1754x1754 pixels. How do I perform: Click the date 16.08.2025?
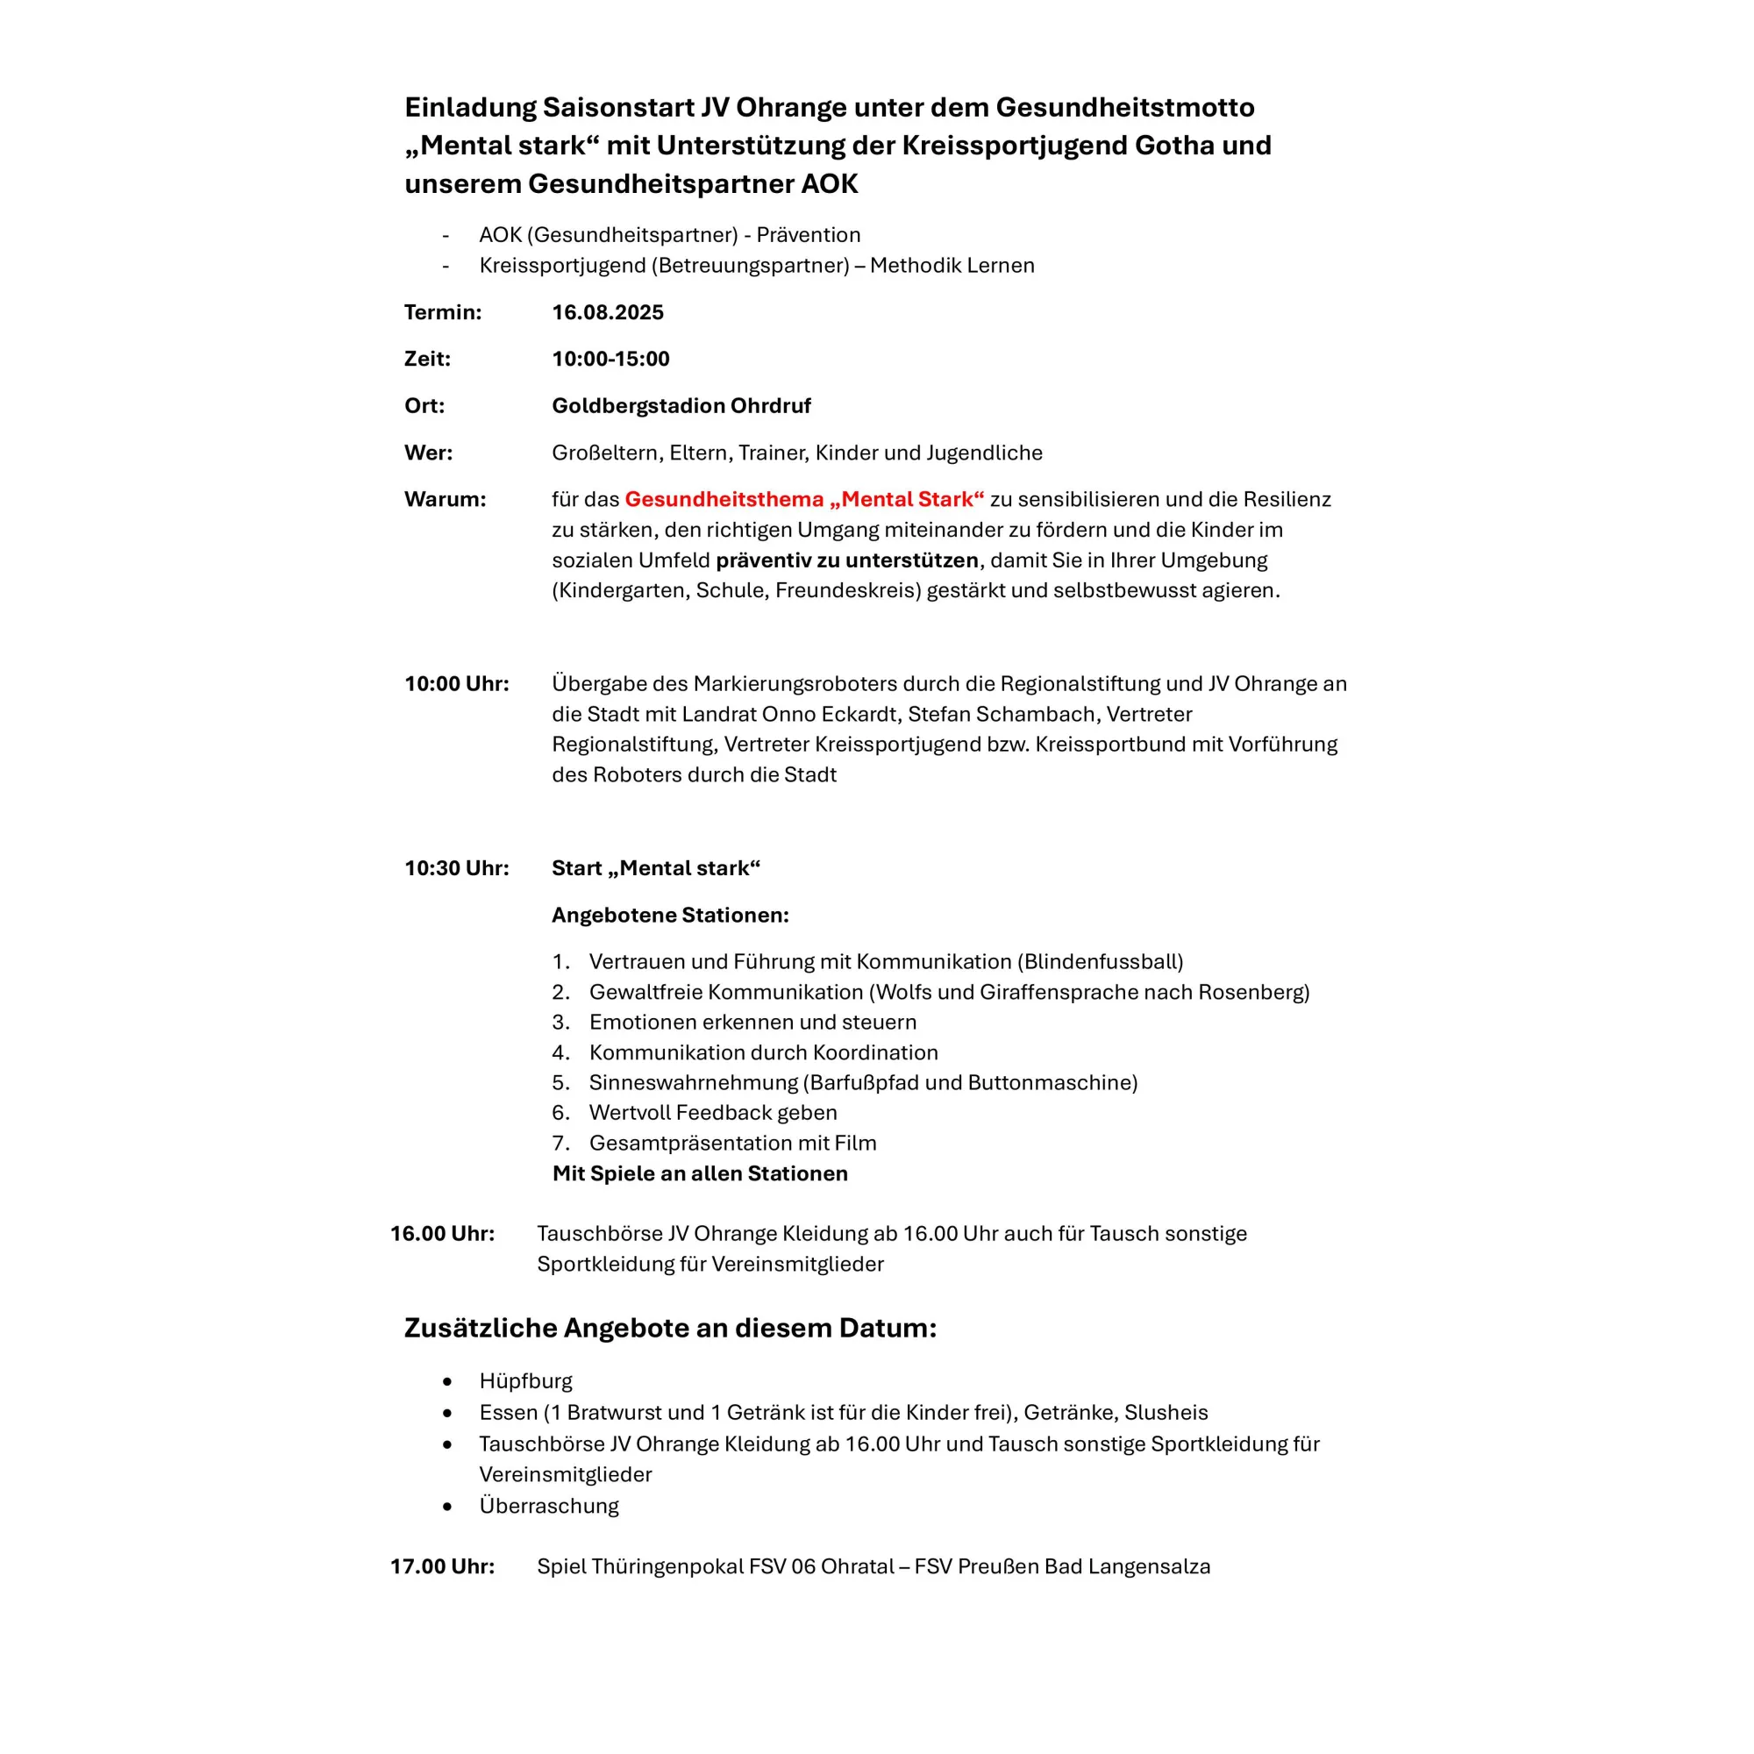(608, 312)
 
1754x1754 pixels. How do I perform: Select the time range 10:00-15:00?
(610, 359)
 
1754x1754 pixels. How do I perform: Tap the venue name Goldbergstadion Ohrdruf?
(681, 406)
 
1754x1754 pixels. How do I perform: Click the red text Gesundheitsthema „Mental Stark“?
(803, 499)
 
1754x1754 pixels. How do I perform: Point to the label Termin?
(442, 312)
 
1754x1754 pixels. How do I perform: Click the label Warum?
(445, 499)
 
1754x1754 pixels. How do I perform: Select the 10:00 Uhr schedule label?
(457, 684)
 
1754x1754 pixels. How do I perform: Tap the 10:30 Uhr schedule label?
(457, 868)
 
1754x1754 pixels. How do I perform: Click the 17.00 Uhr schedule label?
(442, 1566)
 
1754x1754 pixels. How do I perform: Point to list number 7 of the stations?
(561, 1143)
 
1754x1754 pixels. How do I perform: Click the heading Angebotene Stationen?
(670, 915)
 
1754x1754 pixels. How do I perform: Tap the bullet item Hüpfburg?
(525, 1381)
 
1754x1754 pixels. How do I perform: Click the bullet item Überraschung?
(548, 1505)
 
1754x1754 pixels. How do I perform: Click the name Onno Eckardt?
(827, 715)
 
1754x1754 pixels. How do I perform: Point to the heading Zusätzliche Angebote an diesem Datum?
(670, 1328)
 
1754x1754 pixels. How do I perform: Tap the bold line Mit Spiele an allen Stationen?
(700, 1174)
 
